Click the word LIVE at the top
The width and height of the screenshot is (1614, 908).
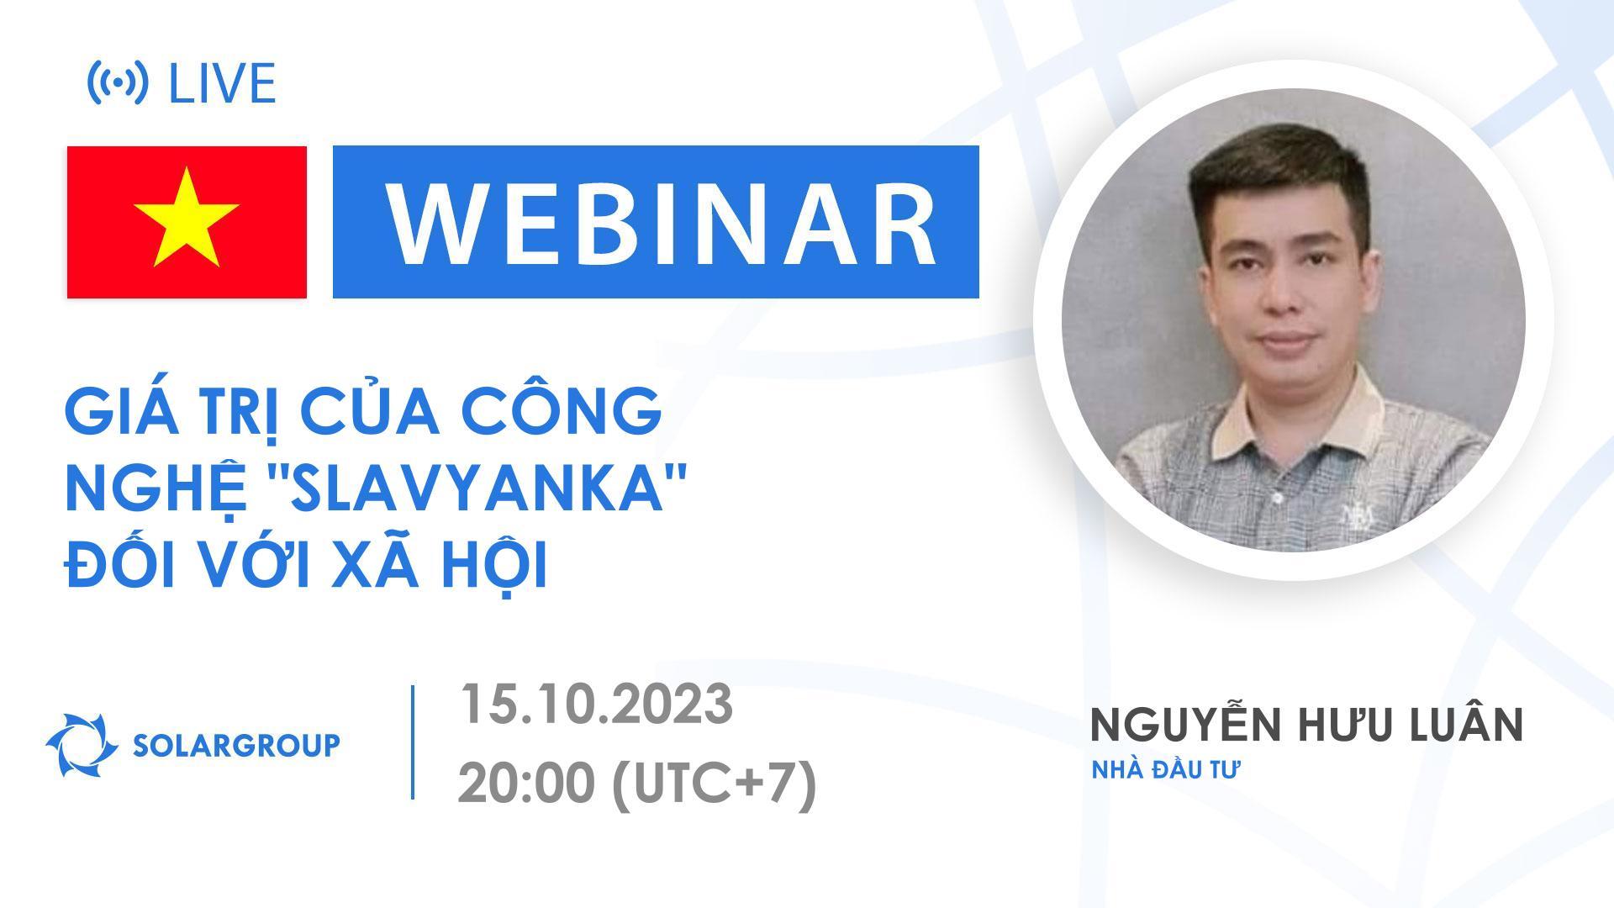coord(222,83)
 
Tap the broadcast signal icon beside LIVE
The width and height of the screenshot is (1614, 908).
coord(119,82)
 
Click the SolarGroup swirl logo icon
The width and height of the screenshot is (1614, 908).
coord(82,745)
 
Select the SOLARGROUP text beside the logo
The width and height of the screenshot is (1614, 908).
coord(236,745)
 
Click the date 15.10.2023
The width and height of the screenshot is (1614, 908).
coord(595,704)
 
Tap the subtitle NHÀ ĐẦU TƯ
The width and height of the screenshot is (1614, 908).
coord(1166,770)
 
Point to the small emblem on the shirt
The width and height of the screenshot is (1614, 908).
coord(1351,515)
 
